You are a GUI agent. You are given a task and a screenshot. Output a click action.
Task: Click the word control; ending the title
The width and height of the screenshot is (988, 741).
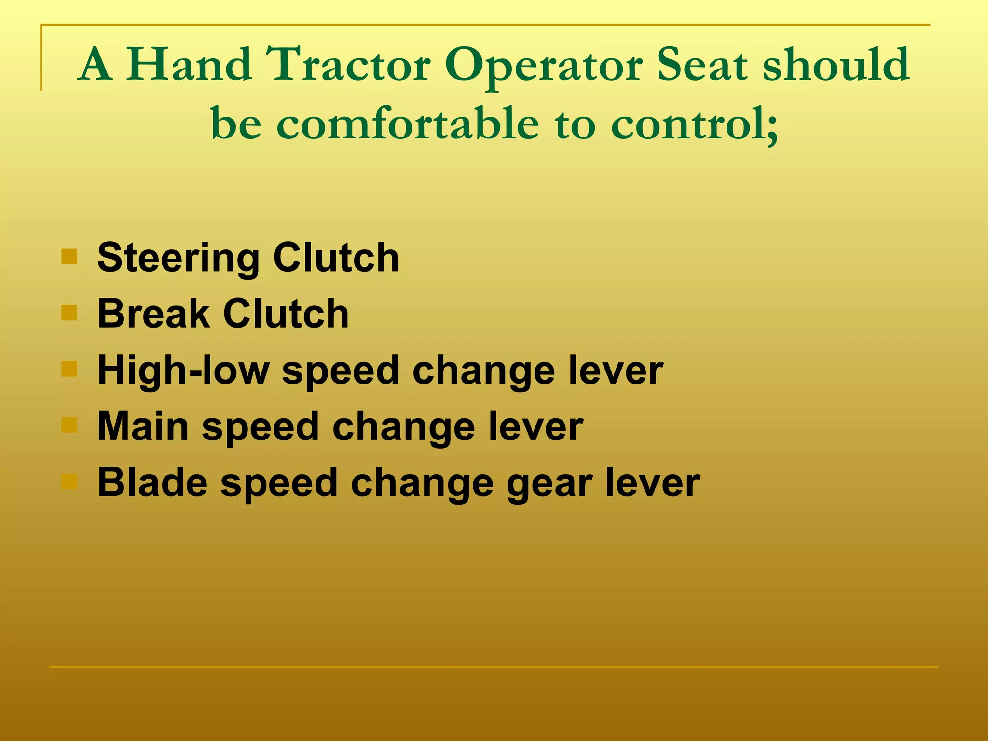695,124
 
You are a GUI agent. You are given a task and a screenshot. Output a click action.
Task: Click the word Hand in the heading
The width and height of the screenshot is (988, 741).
189,65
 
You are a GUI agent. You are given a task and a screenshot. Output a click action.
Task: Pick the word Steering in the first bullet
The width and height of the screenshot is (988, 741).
178,259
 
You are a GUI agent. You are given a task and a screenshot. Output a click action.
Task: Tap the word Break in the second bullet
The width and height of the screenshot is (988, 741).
153,314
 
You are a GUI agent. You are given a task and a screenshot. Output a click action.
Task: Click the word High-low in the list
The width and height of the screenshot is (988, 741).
183,370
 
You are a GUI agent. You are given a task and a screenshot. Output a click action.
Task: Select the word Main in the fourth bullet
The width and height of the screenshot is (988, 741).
143,426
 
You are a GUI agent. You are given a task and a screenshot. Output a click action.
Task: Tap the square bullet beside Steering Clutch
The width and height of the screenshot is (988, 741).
69,257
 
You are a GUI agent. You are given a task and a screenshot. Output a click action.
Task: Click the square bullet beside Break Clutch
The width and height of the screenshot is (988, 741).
69,313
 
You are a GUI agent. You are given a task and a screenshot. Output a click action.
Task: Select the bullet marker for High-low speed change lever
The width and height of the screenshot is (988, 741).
69,369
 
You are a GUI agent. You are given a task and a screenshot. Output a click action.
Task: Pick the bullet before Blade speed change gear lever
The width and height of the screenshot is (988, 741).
69,481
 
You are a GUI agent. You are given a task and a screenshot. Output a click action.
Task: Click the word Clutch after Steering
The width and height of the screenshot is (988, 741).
336,258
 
